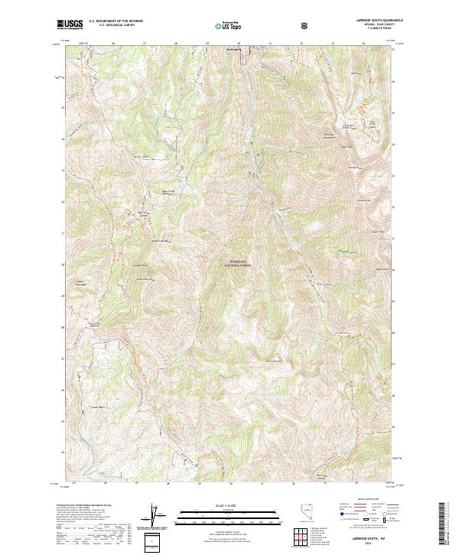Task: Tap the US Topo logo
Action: (223, 25)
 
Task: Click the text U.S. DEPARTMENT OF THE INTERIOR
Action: (115, 21)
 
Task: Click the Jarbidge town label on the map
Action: (233, 51)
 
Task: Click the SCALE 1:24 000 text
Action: (216, 505)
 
